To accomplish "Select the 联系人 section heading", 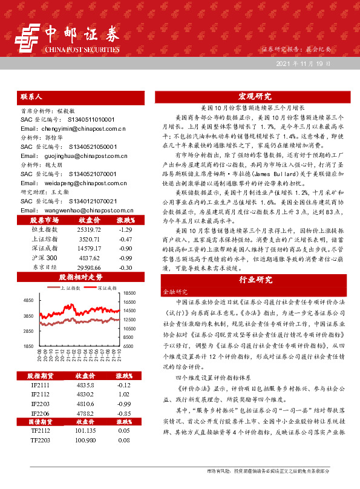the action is [31, 96].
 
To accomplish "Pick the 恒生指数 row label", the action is [44, 230].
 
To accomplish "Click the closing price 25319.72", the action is [89, 230].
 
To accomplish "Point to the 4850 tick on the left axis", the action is [28, 301].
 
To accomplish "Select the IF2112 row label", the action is [41, 394].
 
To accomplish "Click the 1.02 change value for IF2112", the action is [125, 394].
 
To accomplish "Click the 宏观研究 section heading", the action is [255, 96].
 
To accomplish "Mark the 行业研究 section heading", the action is [255, 280].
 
